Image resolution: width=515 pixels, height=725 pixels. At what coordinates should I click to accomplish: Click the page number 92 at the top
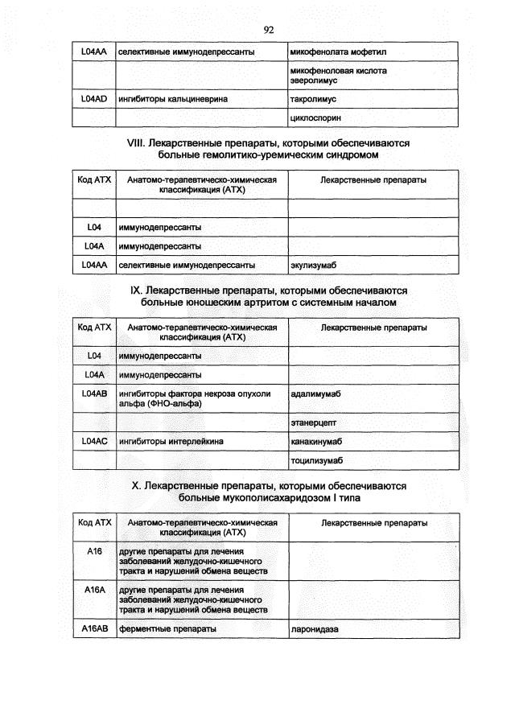click(269, 30)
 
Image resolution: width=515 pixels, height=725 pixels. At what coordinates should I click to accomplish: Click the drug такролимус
click(313, 99)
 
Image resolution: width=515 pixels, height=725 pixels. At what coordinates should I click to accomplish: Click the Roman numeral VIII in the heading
click(135, 142)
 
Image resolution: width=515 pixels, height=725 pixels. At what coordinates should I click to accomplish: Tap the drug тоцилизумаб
click(316, 460)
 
